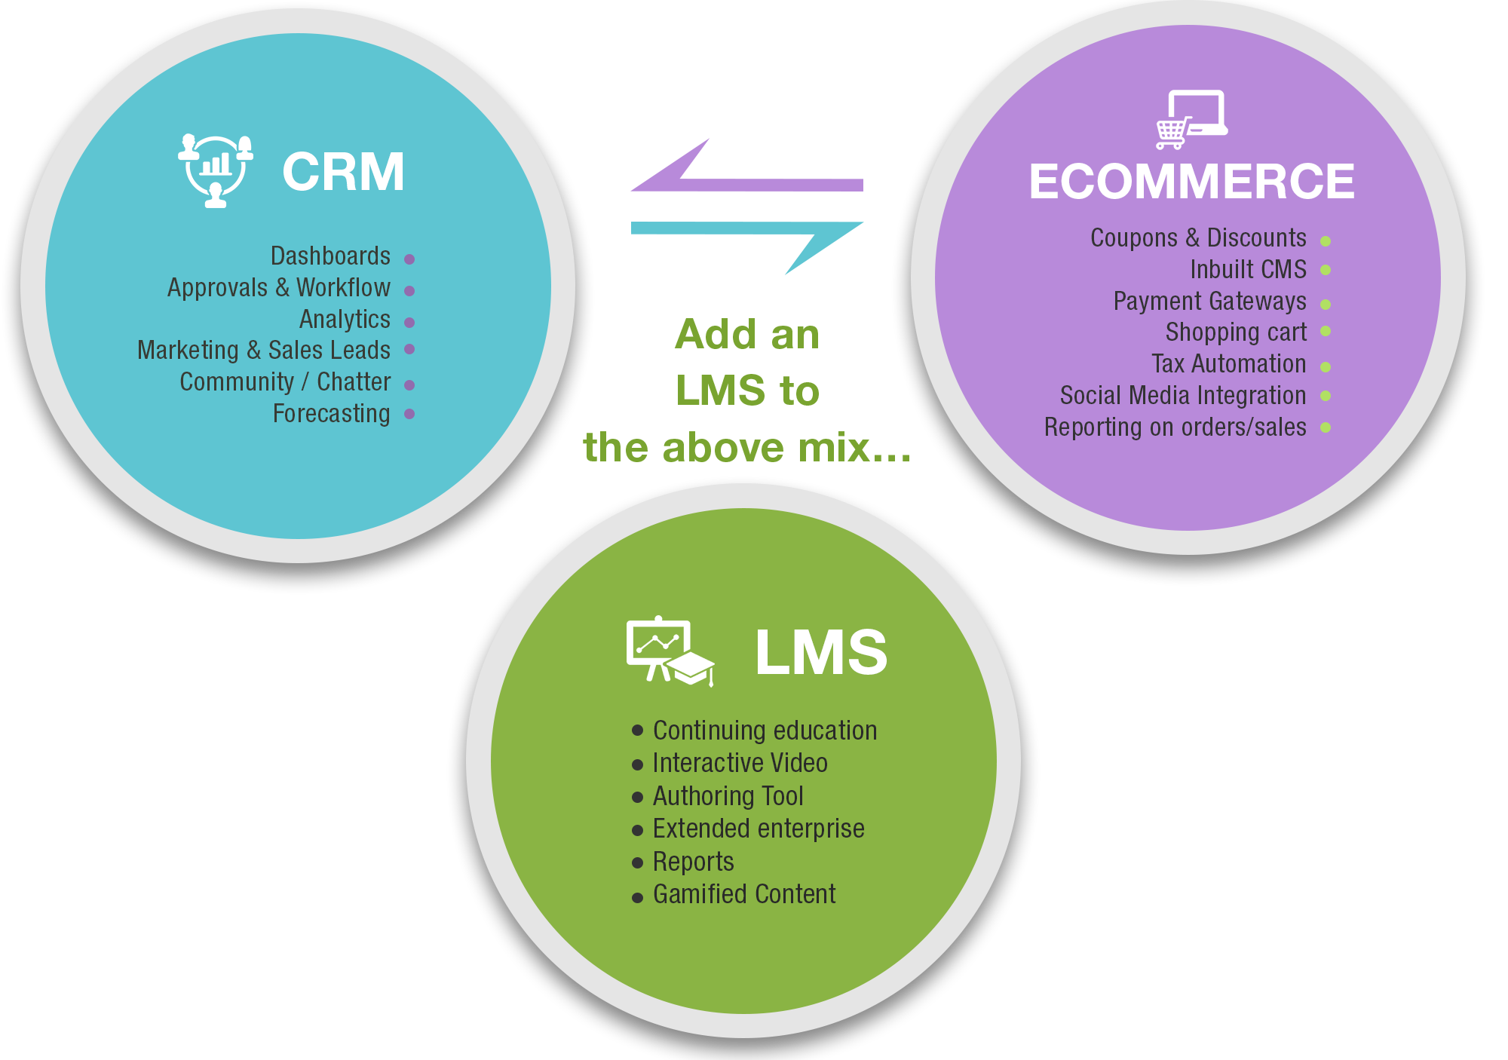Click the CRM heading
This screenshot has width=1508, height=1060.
[343, 172]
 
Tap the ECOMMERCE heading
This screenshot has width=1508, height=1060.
[1191, 182]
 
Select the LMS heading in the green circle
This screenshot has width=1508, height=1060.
[821, 653]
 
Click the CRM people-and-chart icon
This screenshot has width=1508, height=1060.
[216, 170]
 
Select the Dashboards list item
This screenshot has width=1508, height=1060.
[330, 256]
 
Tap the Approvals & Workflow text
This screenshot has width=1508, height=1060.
[279, 288]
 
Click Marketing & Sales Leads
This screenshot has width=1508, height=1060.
[264, 351]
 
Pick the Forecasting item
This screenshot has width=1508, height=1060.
[332, 414]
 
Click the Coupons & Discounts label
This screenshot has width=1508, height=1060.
[1198, 238]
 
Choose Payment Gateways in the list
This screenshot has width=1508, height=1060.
[1209, 302]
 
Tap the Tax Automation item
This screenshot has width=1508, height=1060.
[1228, 364]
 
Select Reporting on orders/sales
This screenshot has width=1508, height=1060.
[1175, 427]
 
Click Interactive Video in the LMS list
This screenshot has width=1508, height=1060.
[740, 764]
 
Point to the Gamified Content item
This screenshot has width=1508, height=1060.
[744, 895]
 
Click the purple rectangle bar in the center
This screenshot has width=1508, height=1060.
[746, 164]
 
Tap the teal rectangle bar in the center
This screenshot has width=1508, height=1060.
[746, 248]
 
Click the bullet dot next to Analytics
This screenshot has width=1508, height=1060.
[409, 323]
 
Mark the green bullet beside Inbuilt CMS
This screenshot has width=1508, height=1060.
[1326, 270]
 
